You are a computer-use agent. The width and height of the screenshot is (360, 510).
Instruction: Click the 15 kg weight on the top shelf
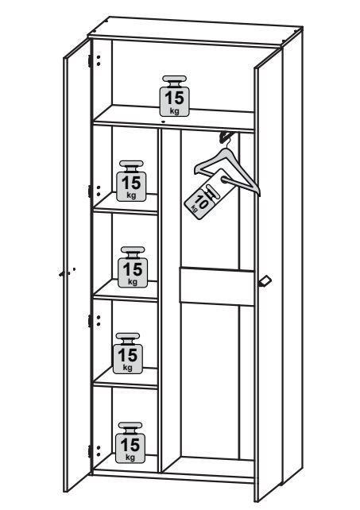pos(174,96)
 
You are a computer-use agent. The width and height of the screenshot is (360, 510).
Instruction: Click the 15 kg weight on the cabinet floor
pos(130,442)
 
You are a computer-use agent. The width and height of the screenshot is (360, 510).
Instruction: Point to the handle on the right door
pos(265,281)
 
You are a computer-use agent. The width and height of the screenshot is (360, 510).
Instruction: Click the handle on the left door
pos(68,272)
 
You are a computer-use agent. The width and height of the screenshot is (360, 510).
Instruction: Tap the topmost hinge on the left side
pos(90,61)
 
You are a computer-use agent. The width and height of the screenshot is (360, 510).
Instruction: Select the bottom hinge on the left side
pos(90,451)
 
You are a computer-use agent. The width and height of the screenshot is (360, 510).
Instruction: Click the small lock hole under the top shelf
pos(163,122)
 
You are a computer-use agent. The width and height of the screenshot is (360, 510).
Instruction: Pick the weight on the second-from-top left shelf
pos(131,181)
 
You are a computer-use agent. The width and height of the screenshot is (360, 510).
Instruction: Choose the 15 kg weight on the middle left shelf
pos(133,267)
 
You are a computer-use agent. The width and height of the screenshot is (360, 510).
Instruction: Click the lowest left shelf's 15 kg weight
pos(128,354)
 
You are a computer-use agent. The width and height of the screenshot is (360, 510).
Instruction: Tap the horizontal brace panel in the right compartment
pos(217,286)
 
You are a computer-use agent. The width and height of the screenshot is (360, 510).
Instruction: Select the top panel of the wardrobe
pos(195,31)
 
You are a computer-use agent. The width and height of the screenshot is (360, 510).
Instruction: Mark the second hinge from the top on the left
pos(90,191)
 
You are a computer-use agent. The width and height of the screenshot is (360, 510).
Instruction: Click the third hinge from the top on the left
pos(90,320)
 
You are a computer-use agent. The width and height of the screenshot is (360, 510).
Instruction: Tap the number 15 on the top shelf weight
pos(174,98)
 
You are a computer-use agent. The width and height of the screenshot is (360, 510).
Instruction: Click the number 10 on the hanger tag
pos(202,203)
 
